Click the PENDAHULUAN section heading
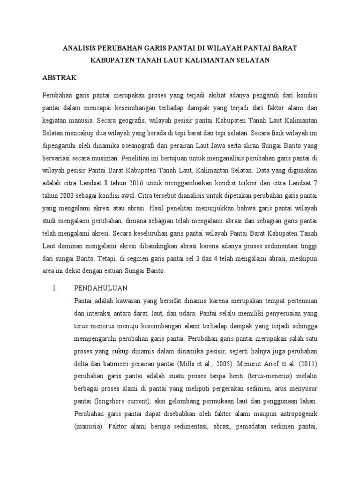[x=101, y=287]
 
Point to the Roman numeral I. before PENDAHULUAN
[x=54, y=287]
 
